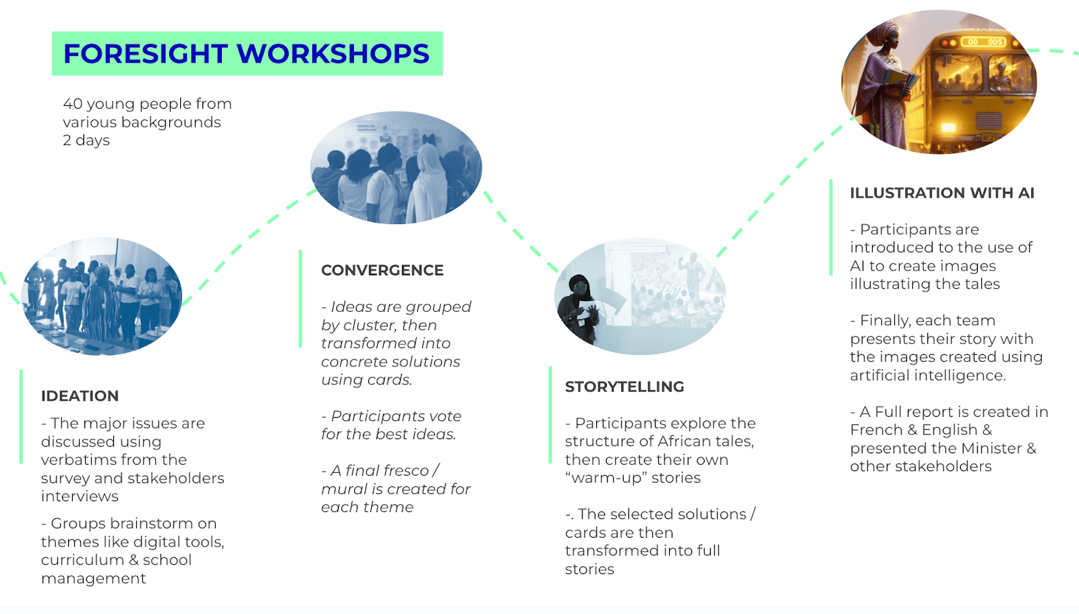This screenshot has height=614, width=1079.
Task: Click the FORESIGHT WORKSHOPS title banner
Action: click(247, 53)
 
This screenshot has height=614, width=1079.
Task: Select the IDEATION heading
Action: click(80, 396)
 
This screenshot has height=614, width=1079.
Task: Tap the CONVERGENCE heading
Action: click(382, 271)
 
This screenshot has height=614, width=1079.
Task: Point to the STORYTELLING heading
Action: click(624, 387)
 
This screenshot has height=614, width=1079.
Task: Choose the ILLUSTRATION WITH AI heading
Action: click(942, 193)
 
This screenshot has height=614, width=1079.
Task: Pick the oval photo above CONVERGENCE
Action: click(396, 167)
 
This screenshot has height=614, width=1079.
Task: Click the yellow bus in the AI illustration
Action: click(978, 88)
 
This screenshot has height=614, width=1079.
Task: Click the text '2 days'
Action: click(86, 140)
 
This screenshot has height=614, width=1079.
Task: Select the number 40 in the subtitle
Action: click(73, 104)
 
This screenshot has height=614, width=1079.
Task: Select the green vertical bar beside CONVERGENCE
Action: click(300, 298)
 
